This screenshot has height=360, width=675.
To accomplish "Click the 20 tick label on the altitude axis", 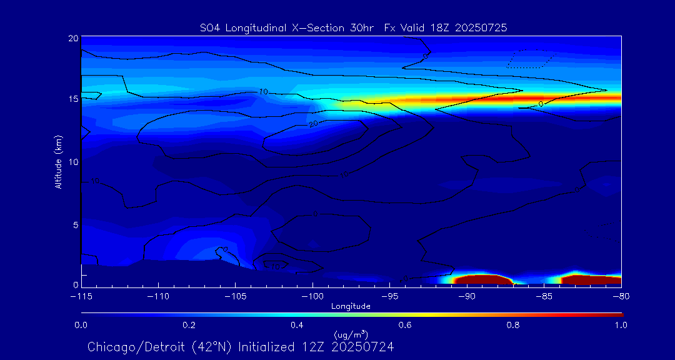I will (72, 38).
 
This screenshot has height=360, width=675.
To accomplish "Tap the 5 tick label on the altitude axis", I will (74, 224).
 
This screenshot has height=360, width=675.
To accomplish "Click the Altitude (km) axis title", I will (59, 161).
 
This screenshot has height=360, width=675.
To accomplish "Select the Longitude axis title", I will (351, 306).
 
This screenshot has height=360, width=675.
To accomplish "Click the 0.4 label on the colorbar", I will (297, 325).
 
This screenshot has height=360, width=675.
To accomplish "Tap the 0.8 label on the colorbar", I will (513, 325).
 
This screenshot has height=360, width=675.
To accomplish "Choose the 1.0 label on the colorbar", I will (621, 325).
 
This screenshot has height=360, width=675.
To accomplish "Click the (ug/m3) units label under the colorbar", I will (351, 336).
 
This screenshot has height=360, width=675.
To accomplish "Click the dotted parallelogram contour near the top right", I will (530, 59).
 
